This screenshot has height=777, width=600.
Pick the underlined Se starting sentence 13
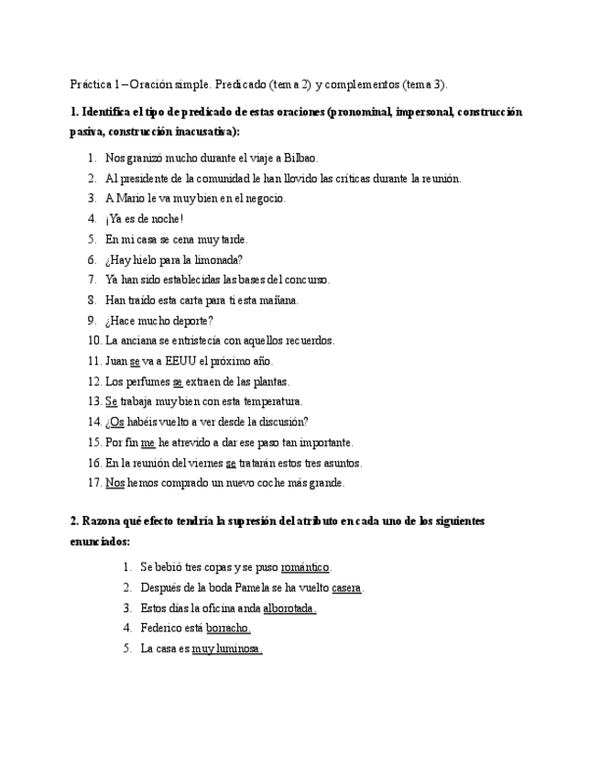click(111, 401)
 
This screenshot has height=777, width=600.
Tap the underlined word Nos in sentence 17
click(115, 482)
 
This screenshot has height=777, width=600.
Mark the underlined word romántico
click(306, 567)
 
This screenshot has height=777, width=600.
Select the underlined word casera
click(347, 587)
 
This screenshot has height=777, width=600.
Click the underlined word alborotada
click(289, 607)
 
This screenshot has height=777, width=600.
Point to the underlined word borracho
click(228, 628)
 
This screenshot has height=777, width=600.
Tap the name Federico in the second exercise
click(161, 628)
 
